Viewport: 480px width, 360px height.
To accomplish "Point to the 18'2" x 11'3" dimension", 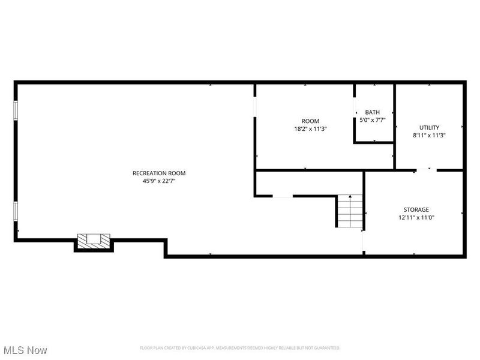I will [310, 128].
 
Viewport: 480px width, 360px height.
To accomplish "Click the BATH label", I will [373, 112].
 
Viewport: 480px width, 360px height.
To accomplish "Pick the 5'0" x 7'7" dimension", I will [373, 120].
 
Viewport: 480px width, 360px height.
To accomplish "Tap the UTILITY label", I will [429, 127].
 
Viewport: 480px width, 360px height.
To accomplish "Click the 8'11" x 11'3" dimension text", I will [429, 135].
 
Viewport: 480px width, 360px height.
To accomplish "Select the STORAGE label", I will [416, 209].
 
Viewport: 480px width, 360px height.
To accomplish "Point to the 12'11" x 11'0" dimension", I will [416, 217].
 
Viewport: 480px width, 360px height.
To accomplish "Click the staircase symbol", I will [350, 211].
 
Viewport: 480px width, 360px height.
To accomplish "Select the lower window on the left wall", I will [16, 211].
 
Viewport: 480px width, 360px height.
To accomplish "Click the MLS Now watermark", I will [25, 349].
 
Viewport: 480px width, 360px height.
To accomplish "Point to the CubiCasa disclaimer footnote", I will [240, 348].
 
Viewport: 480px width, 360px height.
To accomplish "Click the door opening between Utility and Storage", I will [425, 170].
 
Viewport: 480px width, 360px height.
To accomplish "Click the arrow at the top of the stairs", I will [350, 196].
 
